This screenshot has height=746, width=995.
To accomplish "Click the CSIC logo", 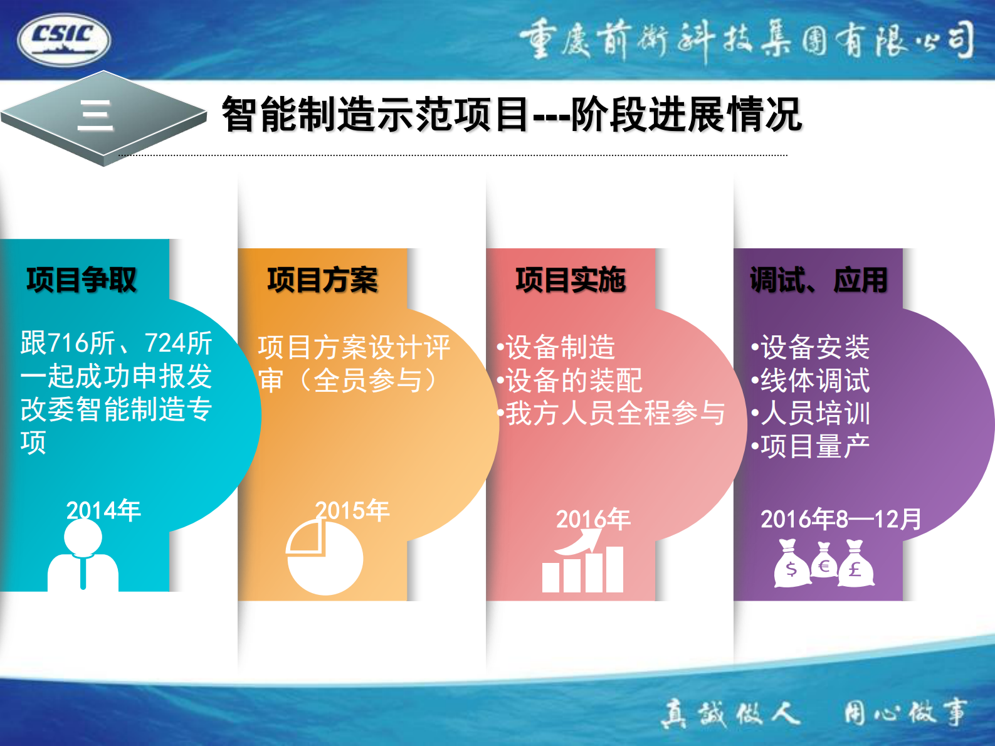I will [x=64, y=39].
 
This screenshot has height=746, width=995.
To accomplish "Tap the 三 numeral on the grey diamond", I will [x=95, y=116].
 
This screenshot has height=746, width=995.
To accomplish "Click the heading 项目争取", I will [x=82, y=280].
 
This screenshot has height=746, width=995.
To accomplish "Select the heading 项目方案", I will [x=322, y=280].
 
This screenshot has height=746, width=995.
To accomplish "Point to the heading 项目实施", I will [x=571, y=280].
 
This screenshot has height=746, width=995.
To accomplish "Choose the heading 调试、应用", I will [x=819, y=280].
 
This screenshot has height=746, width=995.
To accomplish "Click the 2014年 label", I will [x=103, y=510].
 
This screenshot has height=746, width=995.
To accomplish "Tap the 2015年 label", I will [x=352, y=510].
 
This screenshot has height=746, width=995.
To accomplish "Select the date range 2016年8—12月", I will [x=841, y=519].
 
